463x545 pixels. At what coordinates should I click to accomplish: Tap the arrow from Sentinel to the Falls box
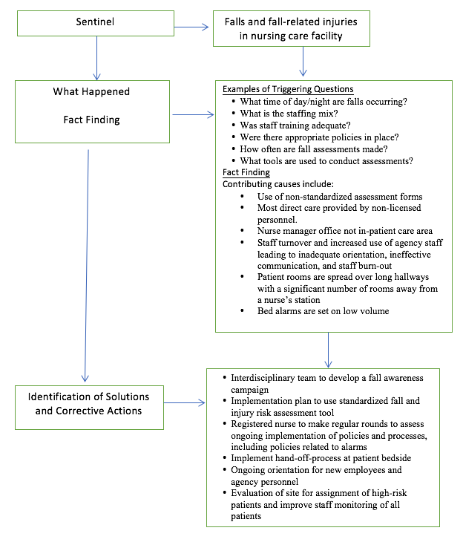pos(194,28)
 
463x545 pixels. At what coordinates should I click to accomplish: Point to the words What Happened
pos(91,92)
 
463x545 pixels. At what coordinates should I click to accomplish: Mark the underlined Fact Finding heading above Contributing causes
pos(247,172)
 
